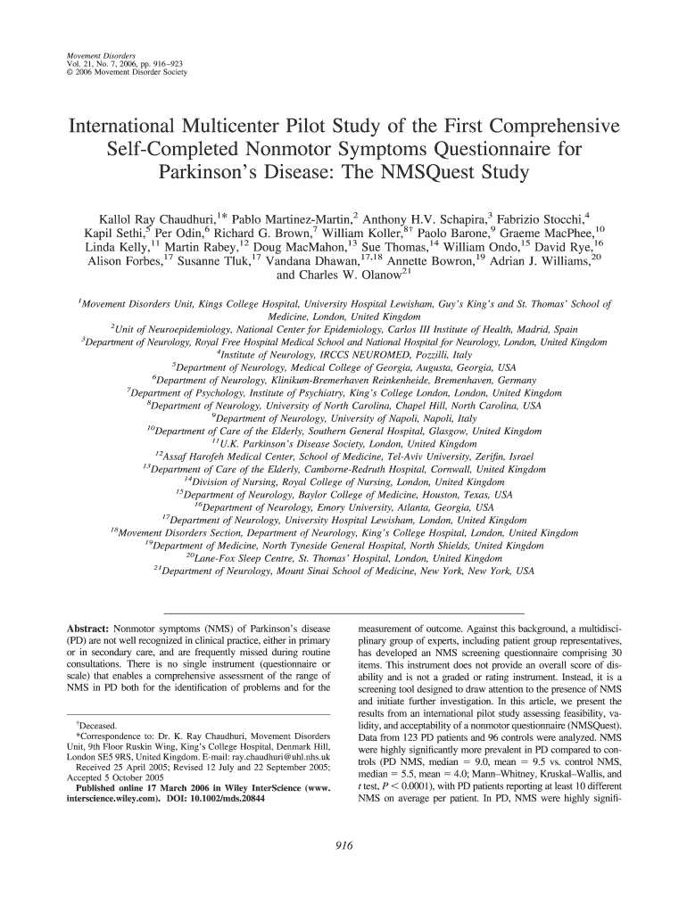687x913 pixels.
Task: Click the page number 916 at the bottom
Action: [x=343, y=847]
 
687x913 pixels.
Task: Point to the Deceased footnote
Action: [x=98, y=727]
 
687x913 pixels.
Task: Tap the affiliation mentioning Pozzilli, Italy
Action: [x=344, y=354]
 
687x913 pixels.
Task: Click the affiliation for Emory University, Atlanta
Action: [x=343, y=507]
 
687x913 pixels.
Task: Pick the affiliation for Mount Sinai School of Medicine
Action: [x=343, y=571]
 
